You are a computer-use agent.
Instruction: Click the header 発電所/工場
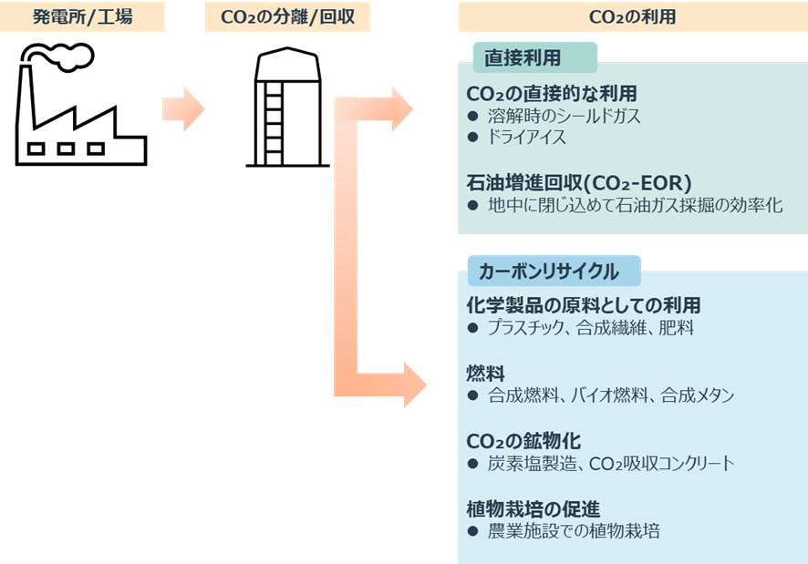(83, 17)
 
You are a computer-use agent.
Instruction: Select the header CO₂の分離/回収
(287, 17)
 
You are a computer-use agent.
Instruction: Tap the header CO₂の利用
(632, 17)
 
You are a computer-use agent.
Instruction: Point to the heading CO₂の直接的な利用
(551, 94)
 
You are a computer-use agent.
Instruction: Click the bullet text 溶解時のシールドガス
(565, 117)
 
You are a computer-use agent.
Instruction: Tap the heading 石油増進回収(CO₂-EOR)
(579, 181)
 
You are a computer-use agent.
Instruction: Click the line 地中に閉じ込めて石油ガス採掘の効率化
(635, 205)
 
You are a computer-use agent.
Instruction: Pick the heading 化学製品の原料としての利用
(583, 305)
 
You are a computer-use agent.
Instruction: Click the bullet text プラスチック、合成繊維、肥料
(591, 328)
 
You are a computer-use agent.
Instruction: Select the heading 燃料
(485, 374)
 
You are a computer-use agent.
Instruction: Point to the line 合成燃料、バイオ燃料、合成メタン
(610, 395)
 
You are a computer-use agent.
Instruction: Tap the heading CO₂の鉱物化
(523, 441)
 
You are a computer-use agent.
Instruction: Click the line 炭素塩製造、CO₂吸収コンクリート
(610, 464)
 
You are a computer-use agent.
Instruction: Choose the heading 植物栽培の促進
(533, 508)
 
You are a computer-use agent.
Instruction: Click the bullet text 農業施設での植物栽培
(574, 531)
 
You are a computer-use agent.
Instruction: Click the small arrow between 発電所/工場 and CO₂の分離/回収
(183, 108)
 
